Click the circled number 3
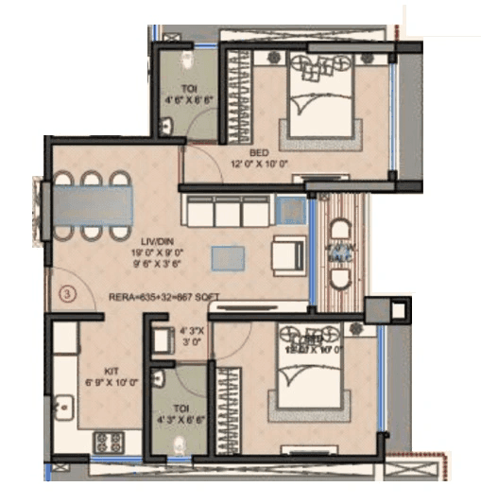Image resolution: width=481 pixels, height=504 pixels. coord(68,294)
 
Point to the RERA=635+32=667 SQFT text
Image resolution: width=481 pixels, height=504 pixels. coord(164,297)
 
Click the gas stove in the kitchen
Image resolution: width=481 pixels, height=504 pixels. coord(108,440)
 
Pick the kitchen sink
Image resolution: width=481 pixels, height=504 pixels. coord(64,407)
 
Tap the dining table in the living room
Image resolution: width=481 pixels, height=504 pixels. coord(93,204)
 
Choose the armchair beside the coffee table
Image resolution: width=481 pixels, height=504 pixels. coord(286,254)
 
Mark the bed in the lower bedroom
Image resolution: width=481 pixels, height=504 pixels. coord(309,379)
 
